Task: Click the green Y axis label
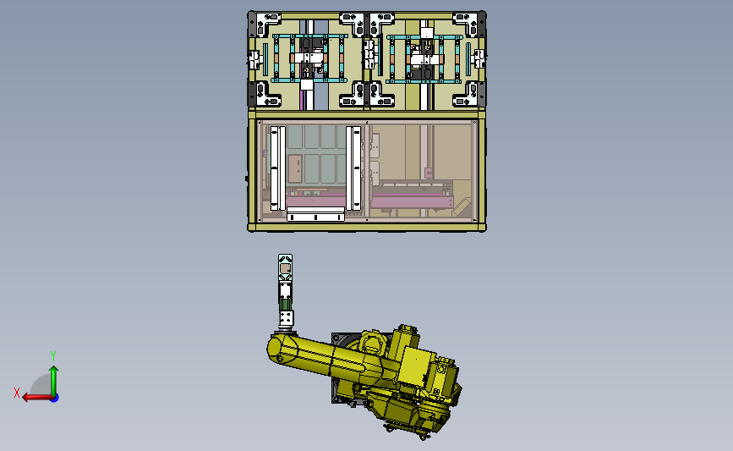tap(52, 356)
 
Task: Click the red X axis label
tap(17, 393)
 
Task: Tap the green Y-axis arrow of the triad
tap(54, 381)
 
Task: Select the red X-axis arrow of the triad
tap(37, 398)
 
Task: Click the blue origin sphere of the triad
tap(55, 399)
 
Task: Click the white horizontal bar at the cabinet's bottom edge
tap(315, 216)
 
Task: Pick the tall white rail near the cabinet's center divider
tap(354, 168)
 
